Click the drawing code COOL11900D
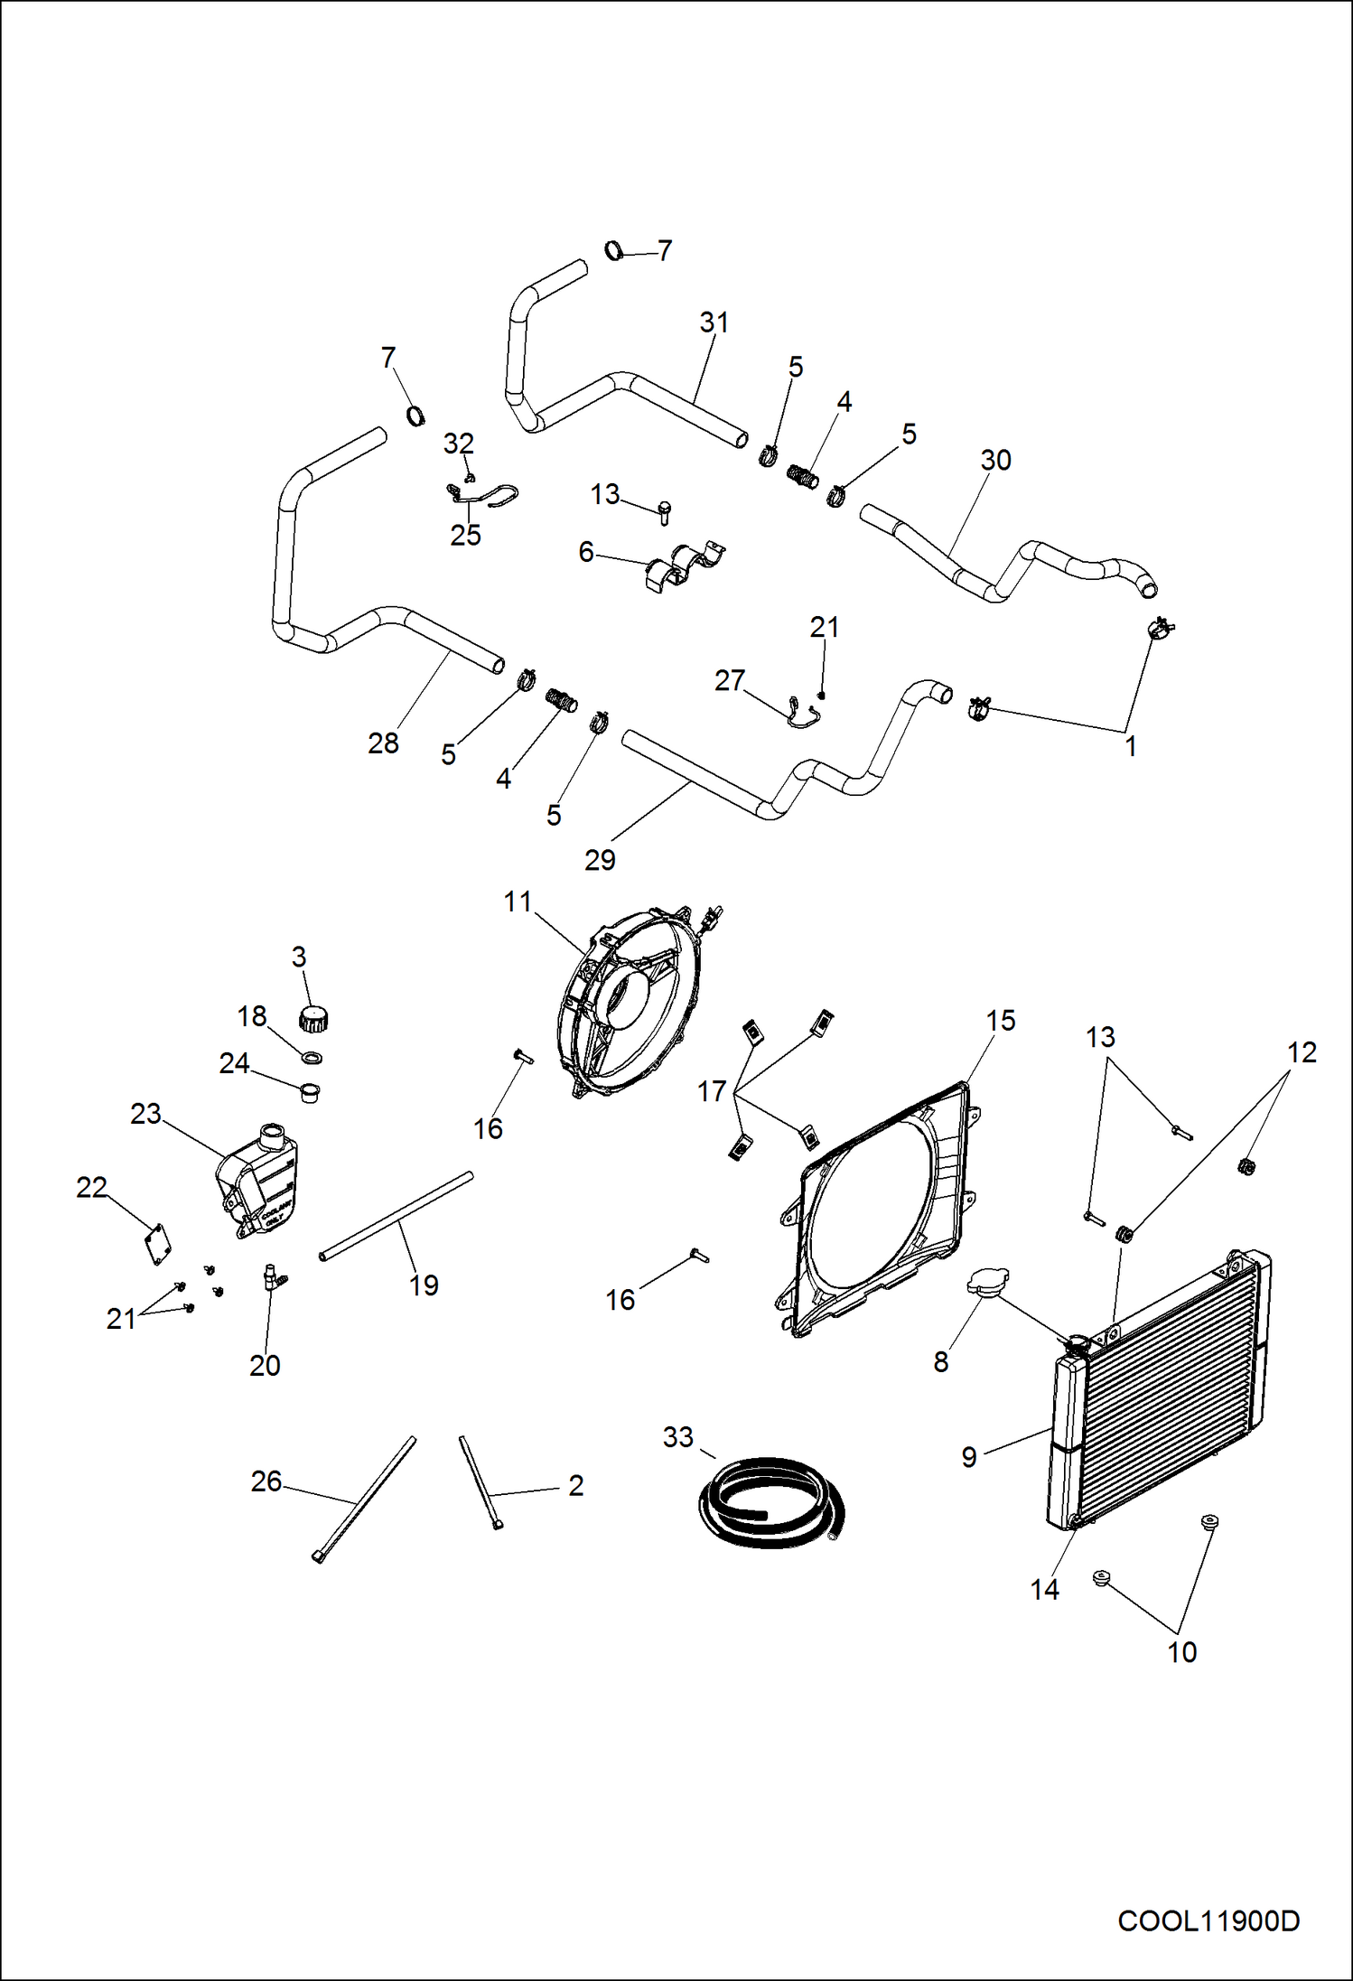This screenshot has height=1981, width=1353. pos(1208,1921)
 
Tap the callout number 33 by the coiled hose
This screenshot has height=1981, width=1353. pos(677,1437)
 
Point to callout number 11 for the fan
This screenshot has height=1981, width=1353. pos(518,902)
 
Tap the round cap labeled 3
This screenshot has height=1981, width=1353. pos(313,1019)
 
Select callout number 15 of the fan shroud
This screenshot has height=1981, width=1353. pos(1000,1021)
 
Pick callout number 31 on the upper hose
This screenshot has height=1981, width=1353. pos(714,322)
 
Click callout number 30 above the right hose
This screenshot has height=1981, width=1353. pos(995,461)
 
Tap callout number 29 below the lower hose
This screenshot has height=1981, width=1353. pos(600,860)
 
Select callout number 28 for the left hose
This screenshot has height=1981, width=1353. pos(383,743)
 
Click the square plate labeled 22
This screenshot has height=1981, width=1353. pos(159,1245)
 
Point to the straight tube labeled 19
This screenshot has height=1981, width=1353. pos(397,1213)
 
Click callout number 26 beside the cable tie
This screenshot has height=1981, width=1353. pos(266,1481)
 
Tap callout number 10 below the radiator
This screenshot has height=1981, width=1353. pos(1181,1652)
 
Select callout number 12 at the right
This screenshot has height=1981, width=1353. pos(1302,1052)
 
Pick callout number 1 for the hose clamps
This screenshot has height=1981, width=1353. pos(1130,746)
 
